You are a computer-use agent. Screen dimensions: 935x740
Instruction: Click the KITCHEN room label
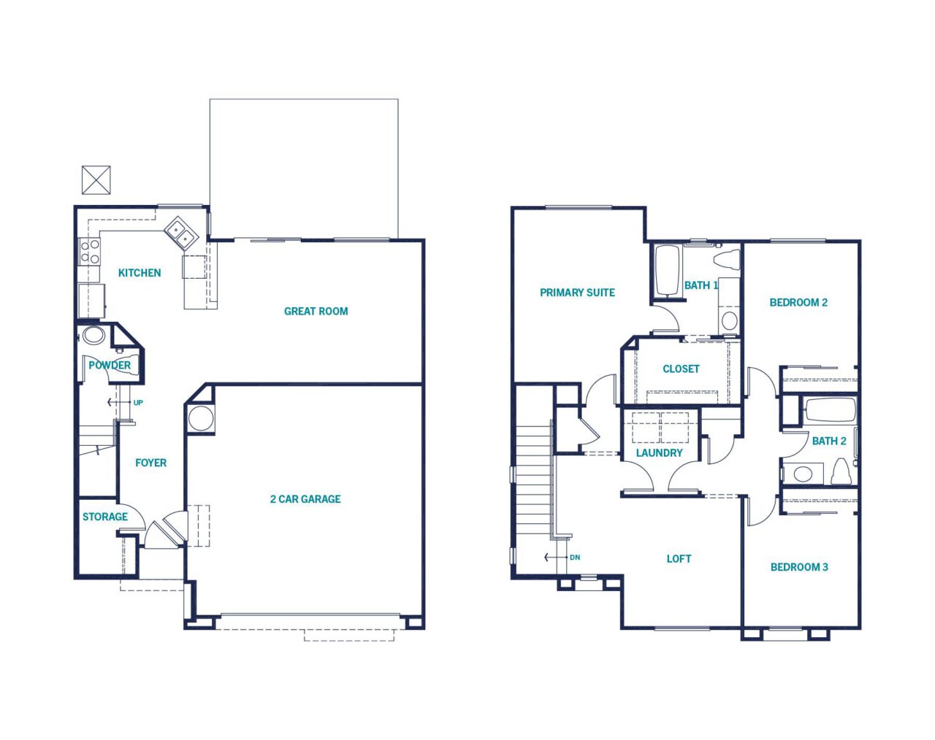(x=140, y=272)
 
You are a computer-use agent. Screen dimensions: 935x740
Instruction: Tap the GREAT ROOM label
(x=316, y=311)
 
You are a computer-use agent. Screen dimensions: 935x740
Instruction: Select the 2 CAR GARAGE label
(x=305, y=499)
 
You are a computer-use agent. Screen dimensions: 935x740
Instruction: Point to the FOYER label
(x=150, y=463)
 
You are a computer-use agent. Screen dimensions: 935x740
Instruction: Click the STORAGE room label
(x=105, y=517)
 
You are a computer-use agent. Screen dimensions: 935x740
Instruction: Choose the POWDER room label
(x=110, y=365)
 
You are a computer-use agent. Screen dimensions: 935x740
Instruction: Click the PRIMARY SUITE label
(x=577, y=293)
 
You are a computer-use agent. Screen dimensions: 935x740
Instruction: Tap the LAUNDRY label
(x=659, y=452)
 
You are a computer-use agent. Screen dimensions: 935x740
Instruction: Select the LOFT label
(x=679, y=558)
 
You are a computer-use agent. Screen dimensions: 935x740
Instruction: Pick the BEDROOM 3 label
(x=799, y=567)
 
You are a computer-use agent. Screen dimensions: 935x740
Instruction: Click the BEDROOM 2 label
(x=798, y=302)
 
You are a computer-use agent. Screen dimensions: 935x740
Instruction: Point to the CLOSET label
(x=681, y=369)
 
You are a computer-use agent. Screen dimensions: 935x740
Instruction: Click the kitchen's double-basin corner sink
(x=181, y=233)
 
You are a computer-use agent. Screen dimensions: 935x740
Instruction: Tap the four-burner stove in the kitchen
(x=90, y=253)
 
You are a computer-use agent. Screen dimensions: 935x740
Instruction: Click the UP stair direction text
(x=138, y=403)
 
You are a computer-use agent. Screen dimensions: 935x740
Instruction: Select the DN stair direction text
(x=575, y=558)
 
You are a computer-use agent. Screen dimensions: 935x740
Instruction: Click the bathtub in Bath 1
(x=666, y=271)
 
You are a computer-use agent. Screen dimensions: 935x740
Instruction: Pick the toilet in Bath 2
(x=840, y=471)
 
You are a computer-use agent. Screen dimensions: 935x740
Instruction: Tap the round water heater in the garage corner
(x=201, y=419)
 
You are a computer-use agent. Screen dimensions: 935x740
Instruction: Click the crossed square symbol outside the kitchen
(x=96, y=180)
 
